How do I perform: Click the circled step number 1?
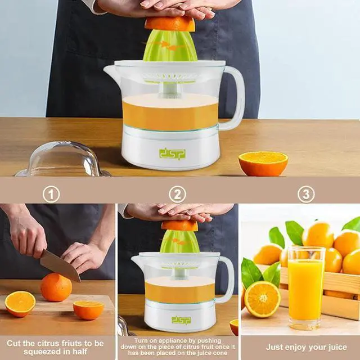click(51, 195)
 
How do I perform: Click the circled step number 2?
click(177, 195)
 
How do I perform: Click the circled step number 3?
click(305, 195)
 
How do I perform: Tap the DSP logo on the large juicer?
click(172, 154)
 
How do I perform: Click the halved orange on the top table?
click(263, 164)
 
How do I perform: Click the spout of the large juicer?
click(111, 72)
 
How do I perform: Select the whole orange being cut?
click(56, 287)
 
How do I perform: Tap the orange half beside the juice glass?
click(262, 299)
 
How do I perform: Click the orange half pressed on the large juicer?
click(170, 24)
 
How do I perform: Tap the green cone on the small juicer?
click(179, 242)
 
